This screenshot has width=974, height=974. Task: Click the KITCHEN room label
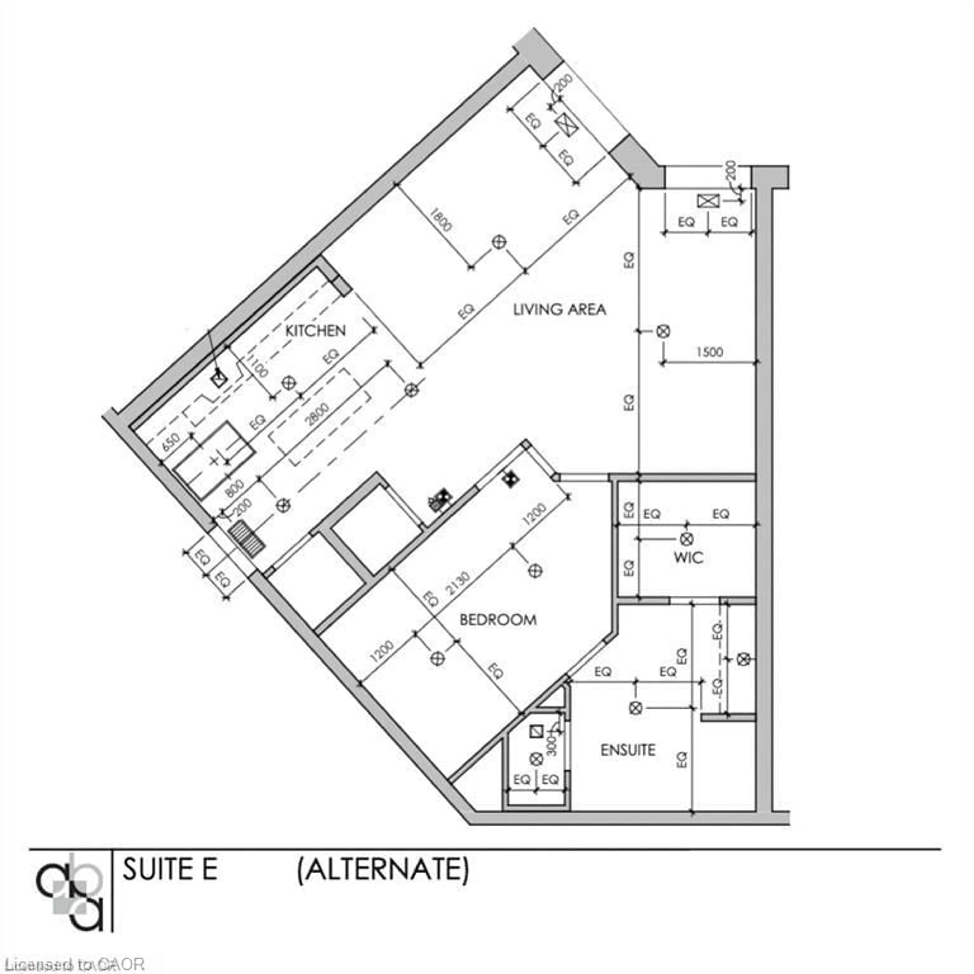[316, 331]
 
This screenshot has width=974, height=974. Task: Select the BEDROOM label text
[498, 620]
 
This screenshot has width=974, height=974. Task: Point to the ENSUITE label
[628, 750]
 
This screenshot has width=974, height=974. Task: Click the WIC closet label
[688, 558]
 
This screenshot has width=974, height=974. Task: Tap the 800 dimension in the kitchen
[235, 488]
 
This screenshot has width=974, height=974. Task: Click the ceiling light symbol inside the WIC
[686, 539]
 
